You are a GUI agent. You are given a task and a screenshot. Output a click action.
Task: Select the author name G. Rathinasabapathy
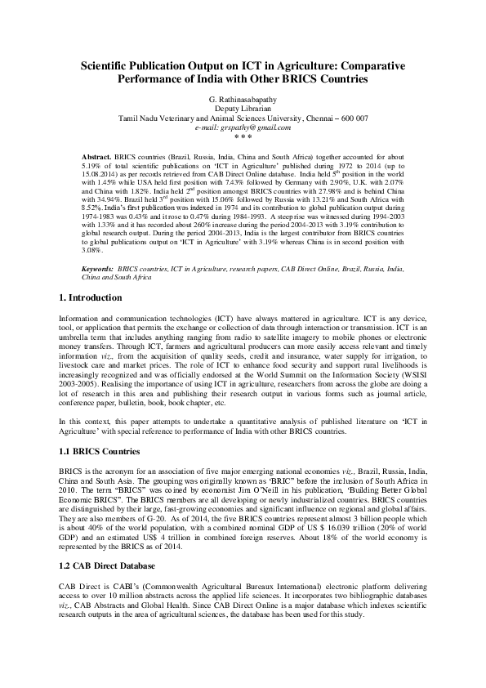click(x=243, y=98)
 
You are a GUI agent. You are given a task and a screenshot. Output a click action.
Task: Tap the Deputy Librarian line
click(x=243, y=108)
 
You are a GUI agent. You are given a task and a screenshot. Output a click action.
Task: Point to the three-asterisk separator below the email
click(x=243, y=137)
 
